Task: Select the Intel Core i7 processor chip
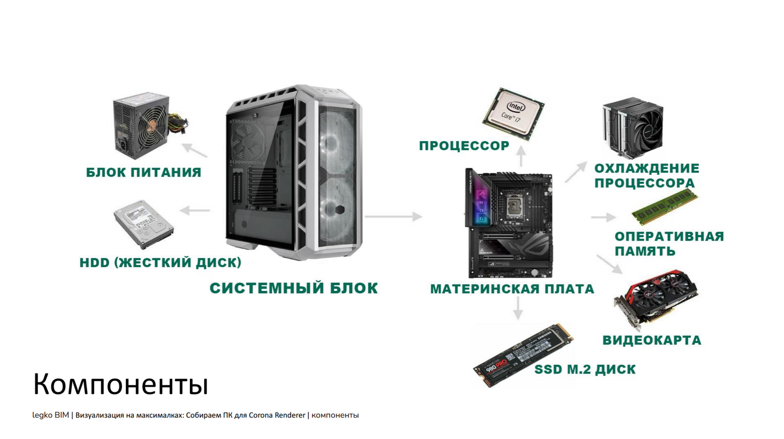coord(513,113)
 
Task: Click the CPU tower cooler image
coord(633,126)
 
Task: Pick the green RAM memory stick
coord(664,207)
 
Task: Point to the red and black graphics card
coord(655,297)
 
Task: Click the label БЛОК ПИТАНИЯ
coord(144,172)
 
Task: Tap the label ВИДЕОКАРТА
coord(652,340)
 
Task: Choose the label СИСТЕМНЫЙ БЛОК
coord(294,288)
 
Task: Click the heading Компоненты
coord(120,384)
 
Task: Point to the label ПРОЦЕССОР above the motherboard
coord(464,146)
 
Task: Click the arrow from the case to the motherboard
coord(393,216)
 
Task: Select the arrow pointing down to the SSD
coord(518,309)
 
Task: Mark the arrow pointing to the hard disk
coord(195,211)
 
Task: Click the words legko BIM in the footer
coord(50,415)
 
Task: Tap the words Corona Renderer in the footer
coord(277,415)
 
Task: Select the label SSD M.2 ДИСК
coord(585,369)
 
